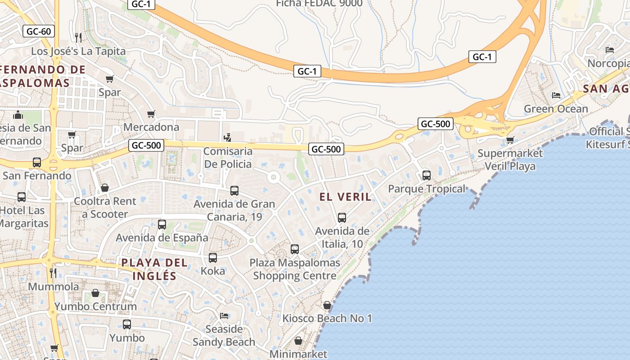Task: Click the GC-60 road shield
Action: pos(39,31)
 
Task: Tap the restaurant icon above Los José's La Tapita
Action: pos(78,37)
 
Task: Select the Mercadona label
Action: pos(151,127)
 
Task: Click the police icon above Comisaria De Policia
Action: pos(228,138)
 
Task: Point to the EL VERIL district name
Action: pos(346,197)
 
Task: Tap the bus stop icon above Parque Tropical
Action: pos(426,175)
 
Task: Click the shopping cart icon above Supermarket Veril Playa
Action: pos(510,140)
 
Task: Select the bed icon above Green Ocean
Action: pos(556,95)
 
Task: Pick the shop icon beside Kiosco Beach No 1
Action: pos(327,305)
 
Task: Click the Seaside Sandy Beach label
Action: pos(224,335)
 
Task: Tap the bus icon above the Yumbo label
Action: pos(127,324)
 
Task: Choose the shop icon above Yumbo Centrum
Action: pos(95,293)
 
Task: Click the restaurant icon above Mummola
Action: pos(53,273)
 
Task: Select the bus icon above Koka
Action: pos(213,258)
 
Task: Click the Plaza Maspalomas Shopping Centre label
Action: pos(295,269)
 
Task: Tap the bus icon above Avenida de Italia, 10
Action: pos(342,218)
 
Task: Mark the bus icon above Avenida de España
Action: pos(162,224)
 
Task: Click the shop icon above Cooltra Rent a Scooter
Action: pos(105,187)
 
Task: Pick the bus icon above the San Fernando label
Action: pos(37,162)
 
